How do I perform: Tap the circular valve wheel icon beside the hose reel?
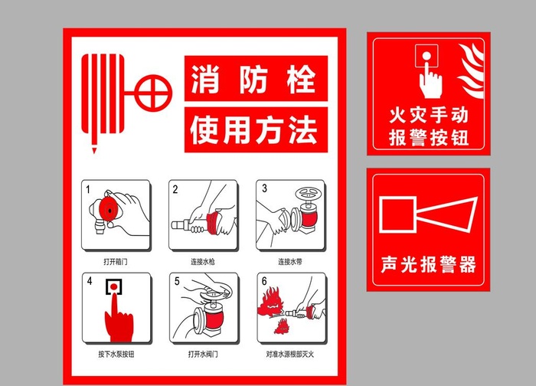tap(153, 94)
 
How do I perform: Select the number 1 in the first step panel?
tap(88, 188)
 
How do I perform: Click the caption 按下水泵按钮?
tap(115, 355)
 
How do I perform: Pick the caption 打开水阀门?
tap(203, 355)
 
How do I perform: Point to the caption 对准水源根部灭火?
tap(290, 355)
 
